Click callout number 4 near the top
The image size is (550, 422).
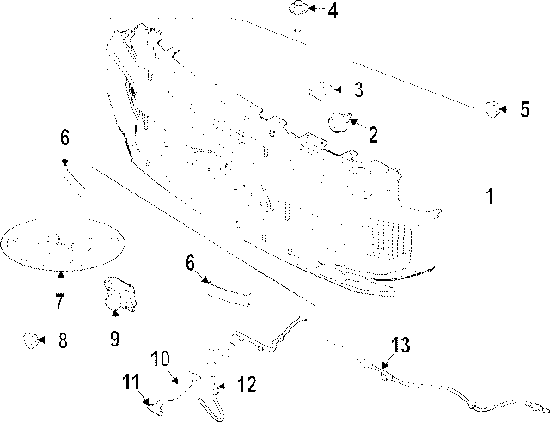[333, 10]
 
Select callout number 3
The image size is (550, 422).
[358, 89]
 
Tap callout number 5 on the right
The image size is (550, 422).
[524, 109]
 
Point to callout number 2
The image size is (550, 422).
[373, 135]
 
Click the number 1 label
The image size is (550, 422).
[490, 196]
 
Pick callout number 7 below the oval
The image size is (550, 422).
[59, 301]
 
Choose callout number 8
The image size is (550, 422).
[63, 340]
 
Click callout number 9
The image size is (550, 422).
[114, 339]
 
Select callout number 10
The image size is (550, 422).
[161, 358]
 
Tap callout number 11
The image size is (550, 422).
[131, 382]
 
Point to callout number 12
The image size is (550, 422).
[247, 384]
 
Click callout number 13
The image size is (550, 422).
[400, 345]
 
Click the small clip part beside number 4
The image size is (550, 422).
[298, 8]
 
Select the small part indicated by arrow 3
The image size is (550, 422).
[320, 91]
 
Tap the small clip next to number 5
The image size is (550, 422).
[492, 109]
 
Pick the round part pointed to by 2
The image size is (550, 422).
[338, 122]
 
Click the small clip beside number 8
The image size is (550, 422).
[31, 340]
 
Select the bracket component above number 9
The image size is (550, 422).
[120, 293]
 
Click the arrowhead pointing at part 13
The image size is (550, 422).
[385, 365]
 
